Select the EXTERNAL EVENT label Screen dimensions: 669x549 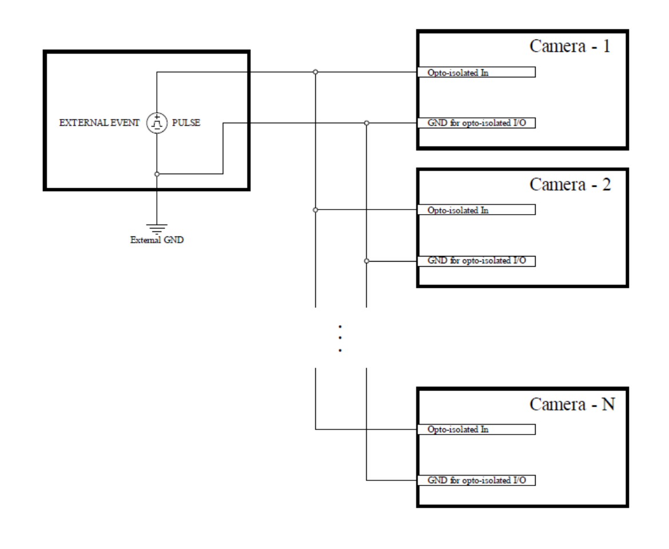coord(99,123)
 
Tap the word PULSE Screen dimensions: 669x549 coord(186,123)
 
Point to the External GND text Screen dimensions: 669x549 coord(157,240)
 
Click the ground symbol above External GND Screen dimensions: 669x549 coord(157,229)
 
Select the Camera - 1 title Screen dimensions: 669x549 coord(570,46)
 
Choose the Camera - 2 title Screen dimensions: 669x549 coord(570,184)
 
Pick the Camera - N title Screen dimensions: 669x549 coord(572,404)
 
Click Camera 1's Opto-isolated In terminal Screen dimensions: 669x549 coord(476,72)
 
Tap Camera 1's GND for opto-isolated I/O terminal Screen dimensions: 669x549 coord(476,123)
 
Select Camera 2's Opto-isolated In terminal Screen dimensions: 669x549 coord(476,210)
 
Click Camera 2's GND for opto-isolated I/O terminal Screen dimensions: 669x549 coord(476,261)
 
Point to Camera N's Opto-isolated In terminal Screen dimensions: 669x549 coord(476,429)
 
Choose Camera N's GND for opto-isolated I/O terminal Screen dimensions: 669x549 coord(476,480)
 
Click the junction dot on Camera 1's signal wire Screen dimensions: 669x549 coord(315,72)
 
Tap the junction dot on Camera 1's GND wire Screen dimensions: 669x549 coord(366,123)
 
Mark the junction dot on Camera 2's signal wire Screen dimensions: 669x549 coord(315,210)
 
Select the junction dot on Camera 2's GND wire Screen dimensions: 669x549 coord(366,261)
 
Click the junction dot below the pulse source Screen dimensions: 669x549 coord(157,174)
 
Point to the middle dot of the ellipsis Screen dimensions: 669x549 coord(340,338)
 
